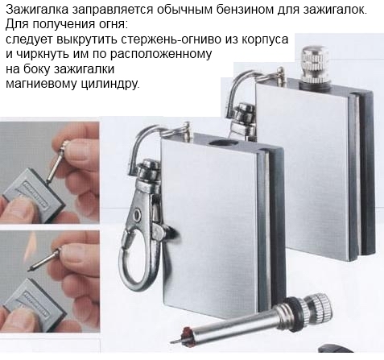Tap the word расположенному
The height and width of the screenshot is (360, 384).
(161, 55)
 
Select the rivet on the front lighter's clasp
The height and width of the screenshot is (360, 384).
(138, 215)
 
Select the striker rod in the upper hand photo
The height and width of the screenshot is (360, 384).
(56, 163)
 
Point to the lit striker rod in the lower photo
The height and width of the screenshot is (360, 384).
(44, 259)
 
